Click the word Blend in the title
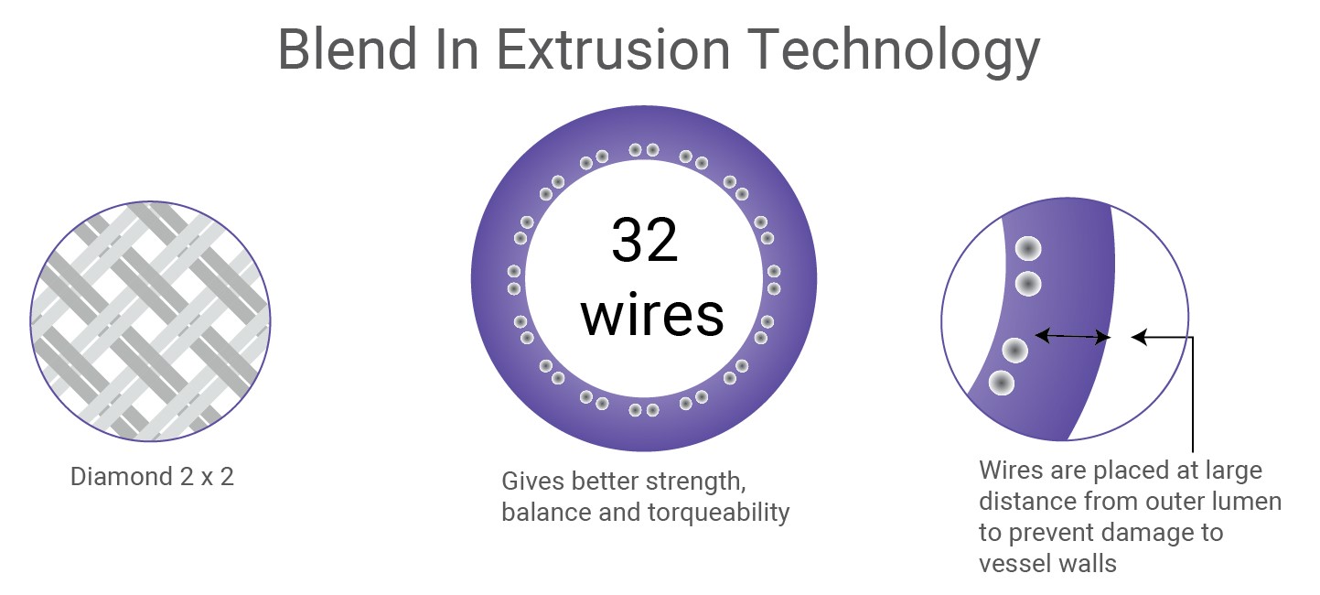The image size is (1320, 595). tap(349, 49)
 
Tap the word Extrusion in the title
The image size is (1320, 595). tap(614, 49)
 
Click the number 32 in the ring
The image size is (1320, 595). tap(645, 240)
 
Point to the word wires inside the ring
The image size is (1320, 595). tap(651, 315)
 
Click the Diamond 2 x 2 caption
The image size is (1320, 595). tap(152, 477)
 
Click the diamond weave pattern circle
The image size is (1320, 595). tap(150, 320)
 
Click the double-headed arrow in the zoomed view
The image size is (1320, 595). tap(1072, 336)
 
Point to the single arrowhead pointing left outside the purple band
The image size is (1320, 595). tap(1140, 337)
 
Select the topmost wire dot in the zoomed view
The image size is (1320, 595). tap(1027, 248)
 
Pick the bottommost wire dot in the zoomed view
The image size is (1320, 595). tap(1001, 384)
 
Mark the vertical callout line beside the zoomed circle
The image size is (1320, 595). tap(1193, 395)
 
